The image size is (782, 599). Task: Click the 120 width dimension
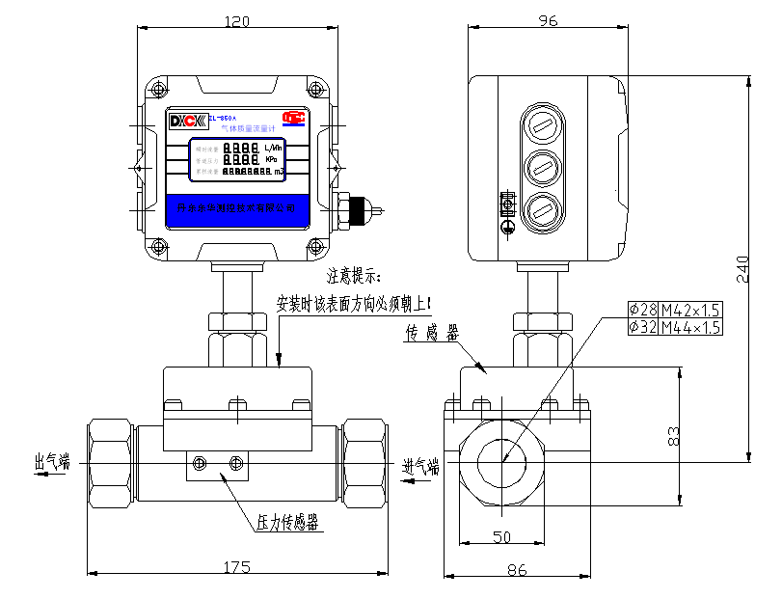[236, 20]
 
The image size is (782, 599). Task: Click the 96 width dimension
[548, 20]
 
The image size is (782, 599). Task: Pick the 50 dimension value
[501, 536]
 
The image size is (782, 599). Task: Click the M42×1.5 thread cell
[690, 310]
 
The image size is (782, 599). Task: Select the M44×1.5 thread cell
[690, 327]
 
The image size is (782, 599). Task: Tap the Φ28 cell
[641, 310]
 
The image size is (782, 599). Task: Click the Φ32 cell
[641, 327]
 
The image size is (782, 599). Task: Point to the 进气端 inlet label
[421, 467]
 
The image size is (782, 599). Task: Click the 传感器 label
[431, 335]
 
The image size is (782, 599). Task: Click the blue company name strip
[237, 208]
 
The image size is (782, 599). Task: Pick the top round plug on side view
[543, 125]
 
